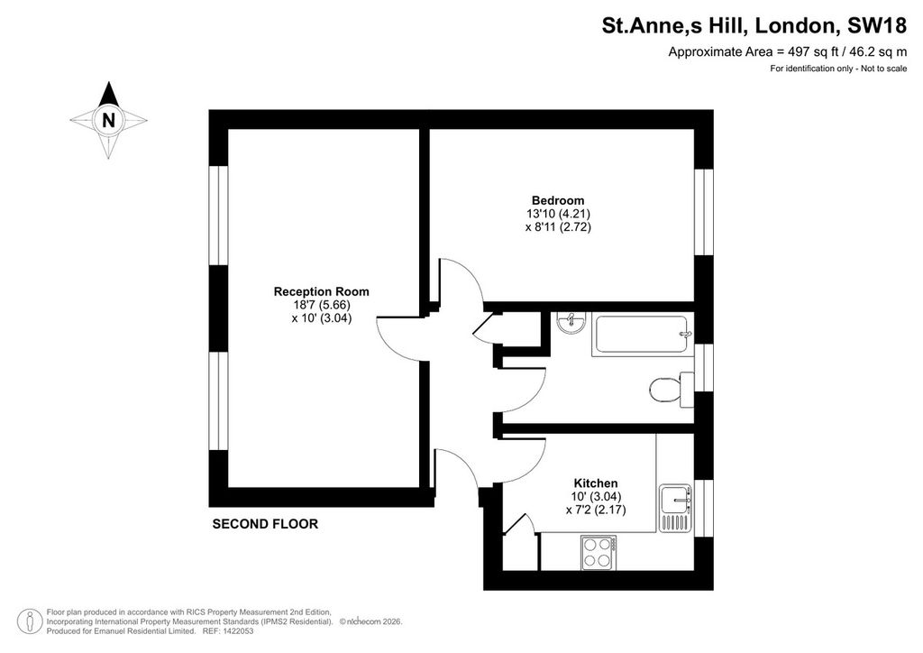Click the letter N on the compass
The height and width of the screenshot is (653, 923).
coord(108,120)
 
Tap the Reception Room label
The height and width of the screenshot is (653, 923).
coord(322,291)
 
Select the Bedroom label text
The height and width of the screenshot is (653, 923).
coord(558,200)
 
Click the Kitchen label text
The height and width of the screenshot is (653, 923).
coord(596,483)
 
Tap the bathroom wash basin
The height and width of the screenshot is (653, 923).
coord(570,321)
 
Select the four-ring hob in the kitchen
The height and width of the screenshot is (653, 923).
coord(599,553)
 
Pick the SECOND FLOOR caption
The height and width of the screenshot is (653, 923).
coord(265,523)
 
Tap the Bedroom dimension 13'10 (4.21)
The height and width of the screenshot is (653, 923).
coord(558,214)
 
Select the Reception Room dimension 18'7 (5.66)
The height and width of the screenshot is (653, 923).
coord(322,305)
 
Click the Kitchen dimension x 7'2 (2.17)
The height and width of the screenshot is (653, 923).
coord(596,510)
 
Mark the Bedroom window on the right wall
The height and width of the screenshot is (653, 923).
coord(704,212)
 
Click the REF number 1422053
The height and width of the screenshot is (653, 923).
coord(236,631)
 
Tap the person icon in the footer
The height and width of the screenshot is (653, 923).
coord(30,621)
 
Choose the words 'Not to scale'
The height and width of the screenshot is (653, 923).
coord(884,69)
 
